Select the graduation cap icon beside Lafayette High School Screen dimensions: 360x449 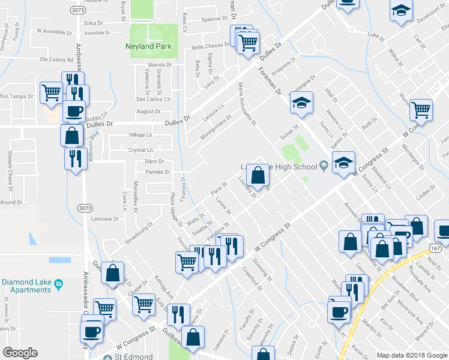point(343,163)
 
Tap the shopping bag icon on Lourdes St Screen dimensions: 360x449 point(258,176)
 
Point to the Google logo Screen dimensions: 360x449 point(20,353)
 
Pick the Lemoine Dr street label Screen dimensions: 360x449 point(106,220)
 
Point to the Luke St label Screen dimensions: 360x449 point(376,37)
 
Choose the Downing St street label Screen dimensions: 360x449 point(263,270)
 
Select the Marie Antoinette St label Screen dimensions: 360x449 point(247,103)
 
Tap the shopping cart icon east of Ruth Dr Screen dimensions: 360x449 point(421,110)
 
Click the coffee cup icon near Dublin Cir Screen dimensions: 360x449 point(74,112)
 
